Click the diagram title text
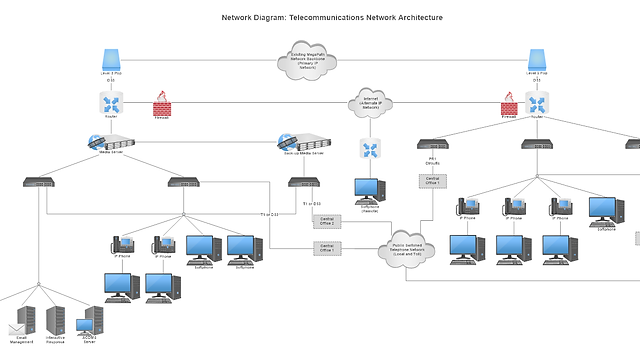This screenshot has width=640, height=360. point(319,18)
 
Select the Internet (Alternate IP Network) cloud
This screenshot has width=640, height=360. point(371,102)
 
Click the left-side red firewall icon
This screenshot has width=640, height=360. point(161,104)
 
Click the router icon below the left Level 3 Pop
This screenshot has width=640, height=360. point(111,102)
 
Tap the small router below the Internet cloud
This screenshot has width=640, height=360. point(371,150)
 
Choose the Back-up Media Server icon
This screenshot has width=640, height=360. point(302,142)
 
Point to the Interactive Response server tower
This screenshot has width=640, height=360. point(56,320)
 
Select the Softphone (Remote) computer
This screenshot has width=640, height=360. point(369,190)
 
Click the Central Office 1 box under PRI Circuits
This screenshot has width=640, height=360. point(433,181)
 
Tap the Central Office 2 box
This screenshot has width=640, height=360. point(328,220)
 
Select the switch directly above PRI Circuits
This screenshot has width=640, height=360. point(433,144)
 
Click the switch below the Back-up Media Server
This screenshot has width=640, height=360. point(303,182)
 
